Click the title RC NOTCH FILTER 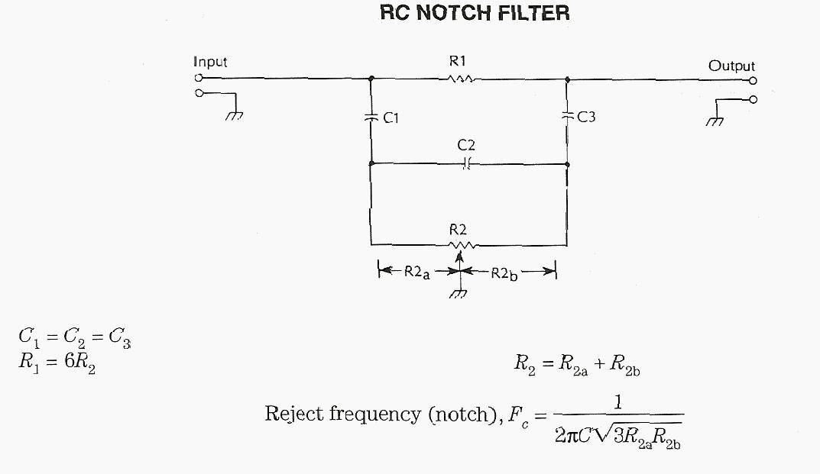tap(475, 13)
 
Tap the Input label tap(210, 62)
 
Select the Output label tap(731, 66)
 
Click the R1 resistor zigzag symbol tap(462, 78)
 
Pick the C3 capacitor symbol tap(567, 116)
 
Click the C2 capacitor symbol tap(468, 163)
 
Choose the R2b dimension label tap(504, 272)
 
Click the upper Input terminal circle tap(199, 78)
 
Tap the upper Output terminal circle tap(753, 80)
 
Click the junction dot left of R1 tap(371, 78)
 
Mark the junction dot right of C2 tap(567, 163)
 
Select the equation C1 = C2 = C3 tap(74, 337)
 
